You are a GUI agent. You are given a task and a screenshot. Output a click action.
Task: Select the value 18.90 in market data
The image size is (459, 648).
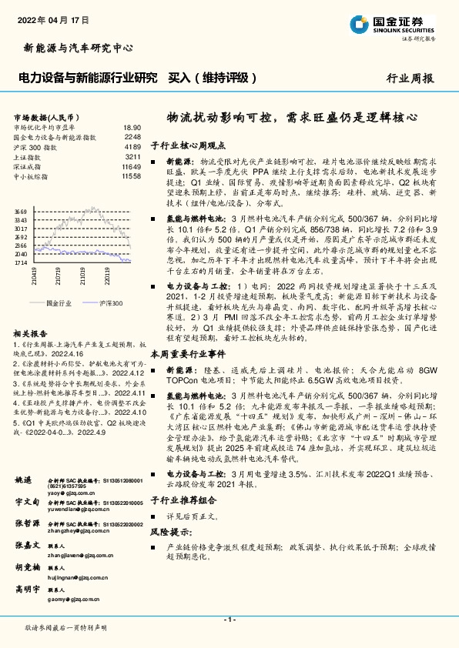pos(132,128)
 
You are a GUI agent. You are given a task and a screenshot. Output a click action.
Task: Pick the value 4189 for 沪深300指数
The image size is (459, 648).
pos(132,146)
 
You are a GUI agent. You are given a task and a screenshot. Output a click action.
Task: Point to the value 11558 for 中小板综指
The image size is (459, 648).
pos(131,176)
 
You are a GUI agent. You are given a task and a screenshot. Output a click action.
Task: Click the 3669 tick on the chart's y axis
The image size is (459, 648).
pos(21,210)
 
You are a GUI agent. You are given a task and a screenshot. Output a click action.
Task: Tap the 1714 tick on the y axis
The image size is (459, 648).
pos(21,262)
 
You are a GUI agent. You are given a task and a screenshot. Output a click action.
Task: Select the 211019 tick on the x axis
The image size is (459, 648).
pos(81,275)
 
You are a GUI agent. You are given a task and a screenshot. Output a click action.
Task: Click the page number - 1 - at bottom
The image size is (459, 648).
pos(229,620)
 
